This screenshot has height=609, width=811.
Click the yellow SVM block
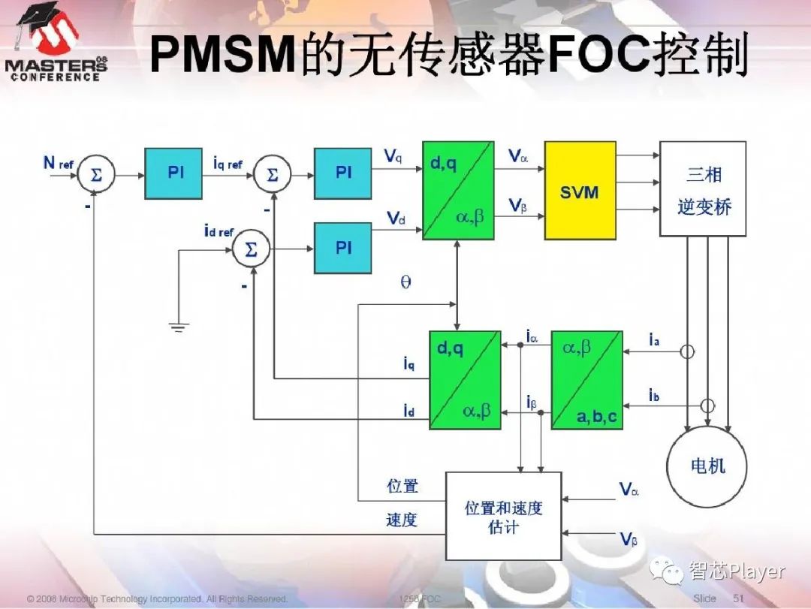pos(580,191)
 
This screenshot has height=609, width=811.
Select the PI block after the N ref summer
pos(173,173)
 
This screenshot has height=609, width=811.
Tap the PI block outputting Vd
pos(342,248)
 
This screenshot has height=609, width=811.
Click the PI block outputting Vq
pos(342,173)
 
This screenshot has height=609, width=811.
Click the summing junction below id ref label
pos(251,250)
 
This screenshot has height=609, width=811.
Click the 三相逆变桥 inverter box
pos(703,189)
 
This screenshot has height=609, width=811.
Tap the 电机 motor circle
pos(707,466)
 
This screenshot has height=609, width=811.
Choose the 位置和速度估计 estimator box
pos(503,517)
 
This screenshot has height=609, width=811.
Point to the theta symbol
pos(405,283)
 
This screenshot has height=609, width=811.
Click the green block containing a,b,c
pos(586,380)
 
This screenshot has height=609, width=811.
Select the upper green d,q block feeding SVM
pos(458,191)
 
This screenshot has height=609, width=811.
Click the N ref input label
pos(57,163)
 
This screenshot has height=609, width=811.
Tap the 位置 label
pos(402,486)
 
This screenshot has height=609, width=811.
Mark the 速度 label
pos(402,520)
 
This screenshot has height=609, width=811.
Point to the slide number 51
pos(737,598)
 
